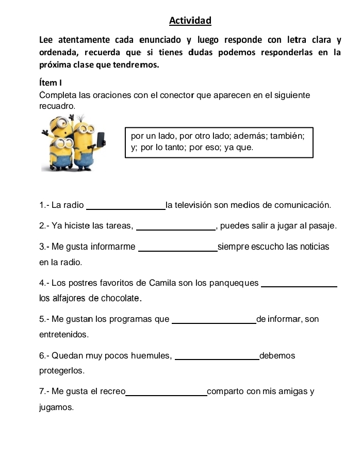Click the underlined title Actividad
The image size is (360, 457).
coord(190,21)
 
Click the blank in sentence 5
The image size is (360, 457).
coord(213,323)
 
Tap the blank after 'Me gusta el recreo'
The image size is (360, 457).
coord(166,395)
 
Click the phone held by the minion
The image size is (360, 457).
coord(101,139)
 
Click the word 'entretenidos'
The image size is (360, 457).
coord(63,335)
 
